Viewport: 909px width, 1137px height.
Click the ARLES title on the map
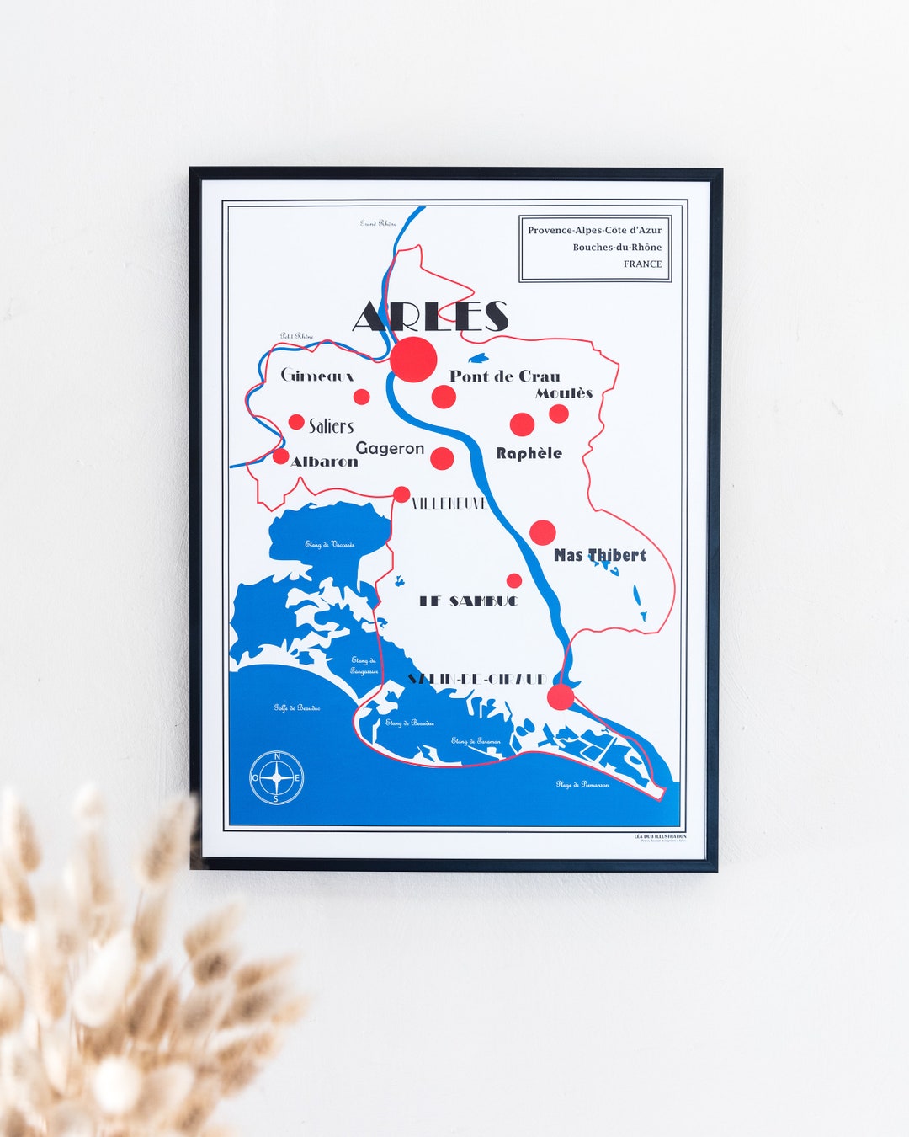pos(430,317)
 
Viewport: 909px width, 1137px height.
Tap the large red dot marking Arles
pos(413,360)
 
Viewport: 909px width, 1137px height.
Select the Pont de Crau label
pos(504,376)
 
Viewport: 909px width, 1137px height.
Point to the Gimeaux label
pos(316,376)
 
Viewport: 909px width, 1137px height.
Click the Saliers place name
pos(331,426)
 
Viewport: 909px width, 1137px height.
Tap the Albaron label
pos(324,462)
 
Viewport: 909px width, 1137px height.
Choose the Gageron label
pos(390,448)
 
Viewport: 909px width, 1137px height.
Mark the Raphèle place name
pos(529,453)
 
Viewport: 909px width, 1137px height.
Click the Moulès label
pos(564,393)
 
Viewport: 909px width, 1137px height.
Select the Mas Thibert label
pos(600,555)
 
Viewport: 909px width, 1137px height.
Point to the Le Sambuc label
pos(468,601)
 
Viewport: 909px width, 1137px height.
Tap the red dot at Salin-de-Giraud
pos(561,697)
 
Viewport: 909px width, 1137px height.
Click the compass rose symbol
pos(277,777)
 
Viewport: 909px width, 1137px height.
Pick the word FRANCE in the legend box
pos(642,264)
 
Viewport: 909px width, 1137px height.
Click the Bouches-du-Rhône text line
pos(617,247)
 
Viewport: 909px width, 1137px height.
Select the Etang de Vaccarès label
pos(330,544)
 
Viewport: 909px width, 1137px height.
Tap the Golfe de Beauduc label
pos(296,708)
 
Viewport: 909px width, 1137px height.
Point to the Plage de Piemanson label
pos(582,784)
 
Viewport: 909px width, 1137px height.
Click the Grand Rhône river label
pos(378,223)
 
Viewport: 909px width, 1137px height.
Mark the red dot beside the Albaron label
pos(280,456)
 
